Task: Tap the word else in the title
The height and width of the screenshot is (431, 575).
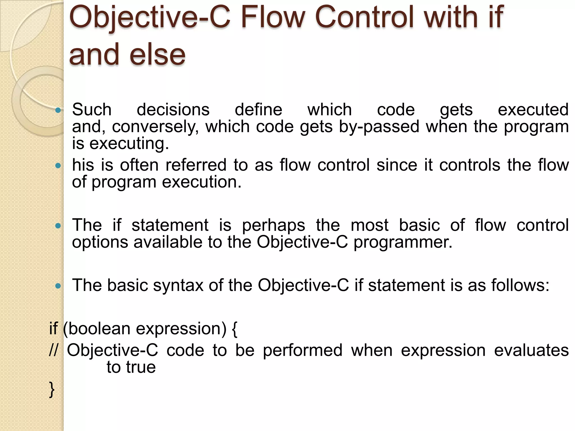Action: pos(158,55)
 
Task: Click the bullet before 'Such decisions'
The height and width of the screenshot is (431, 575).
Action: pos(58,110)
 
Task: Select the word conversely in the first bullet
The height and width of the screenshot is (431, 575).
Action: pos(155,127)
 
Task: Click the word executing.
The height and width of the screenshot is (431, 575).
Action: pos(129,144)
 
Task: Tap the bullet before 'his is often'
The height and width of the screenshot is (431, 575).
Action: pos(58,166)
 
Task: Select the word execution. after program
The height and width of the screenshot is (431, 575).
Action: pos(202,182)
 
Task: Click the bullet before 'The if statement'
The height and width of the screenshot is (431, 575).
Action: pos(58,226)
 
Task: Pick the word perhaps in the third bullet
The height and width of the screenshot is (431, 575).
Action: pos(273,226)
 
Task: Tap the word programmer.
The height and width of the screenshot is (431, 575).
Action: pos(403,242)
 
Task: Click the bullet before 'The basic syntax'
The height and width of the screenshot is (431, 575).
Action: pos(58,286)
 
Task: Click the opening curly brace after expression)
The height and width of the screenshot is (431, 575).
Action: pos(235,329)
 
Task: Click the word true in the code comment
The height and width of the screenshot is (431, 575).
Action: pos(141,367)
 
